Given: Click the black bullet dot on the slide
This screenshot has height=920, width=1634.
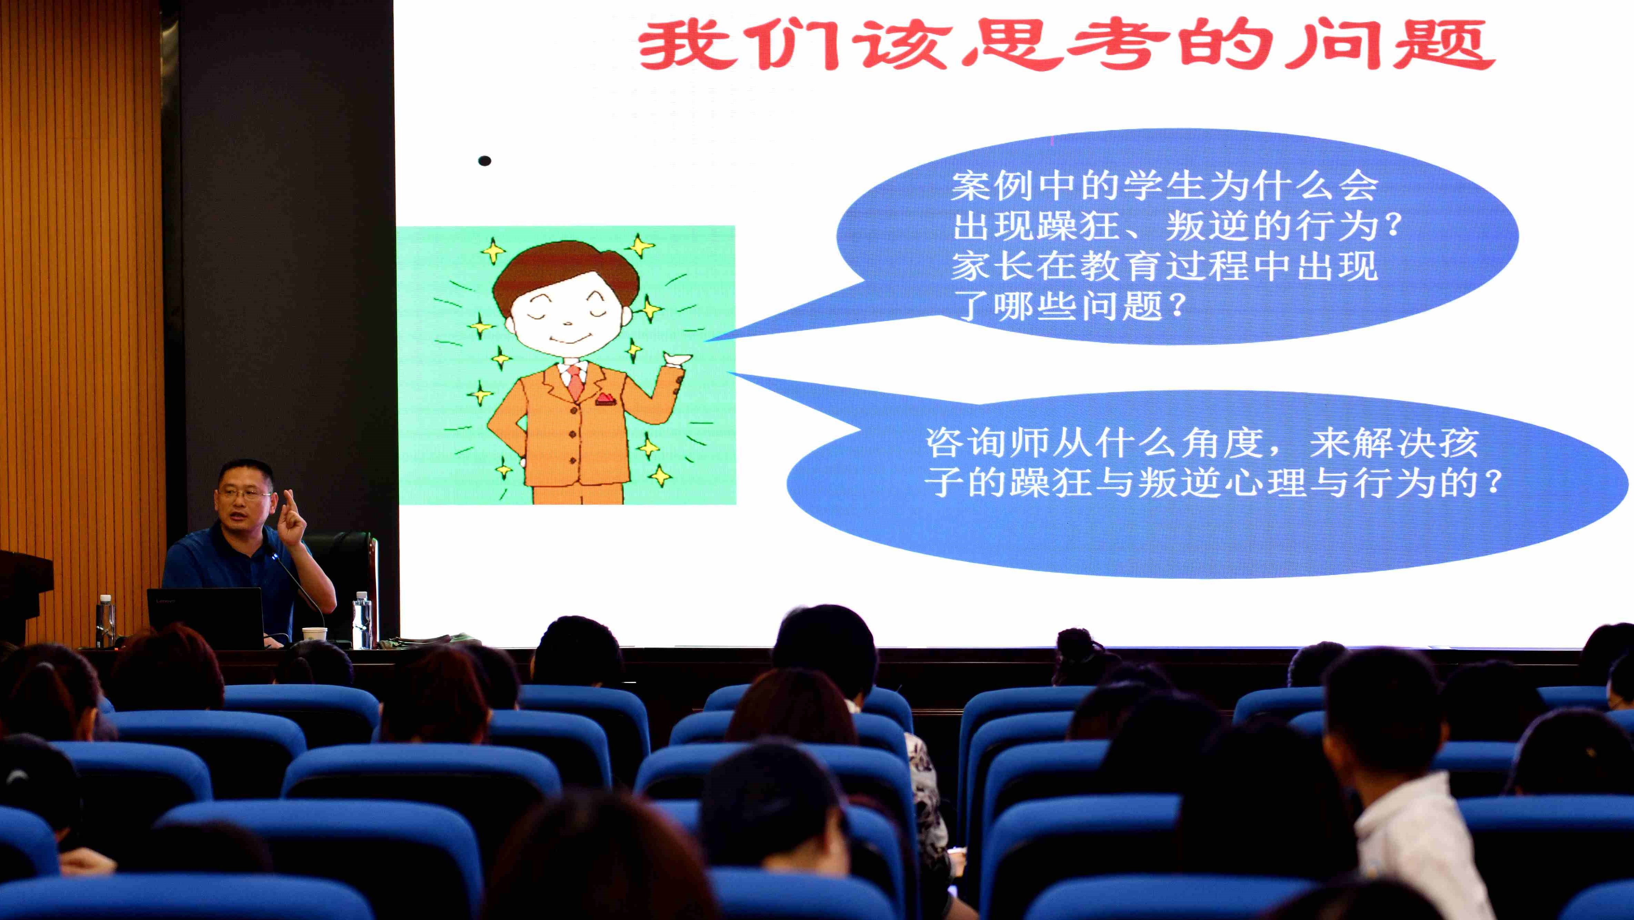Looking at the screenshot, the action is click(485, 161).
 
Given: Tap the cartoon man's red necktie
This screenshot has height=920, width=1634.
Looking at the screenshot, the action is click(575, 382).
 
